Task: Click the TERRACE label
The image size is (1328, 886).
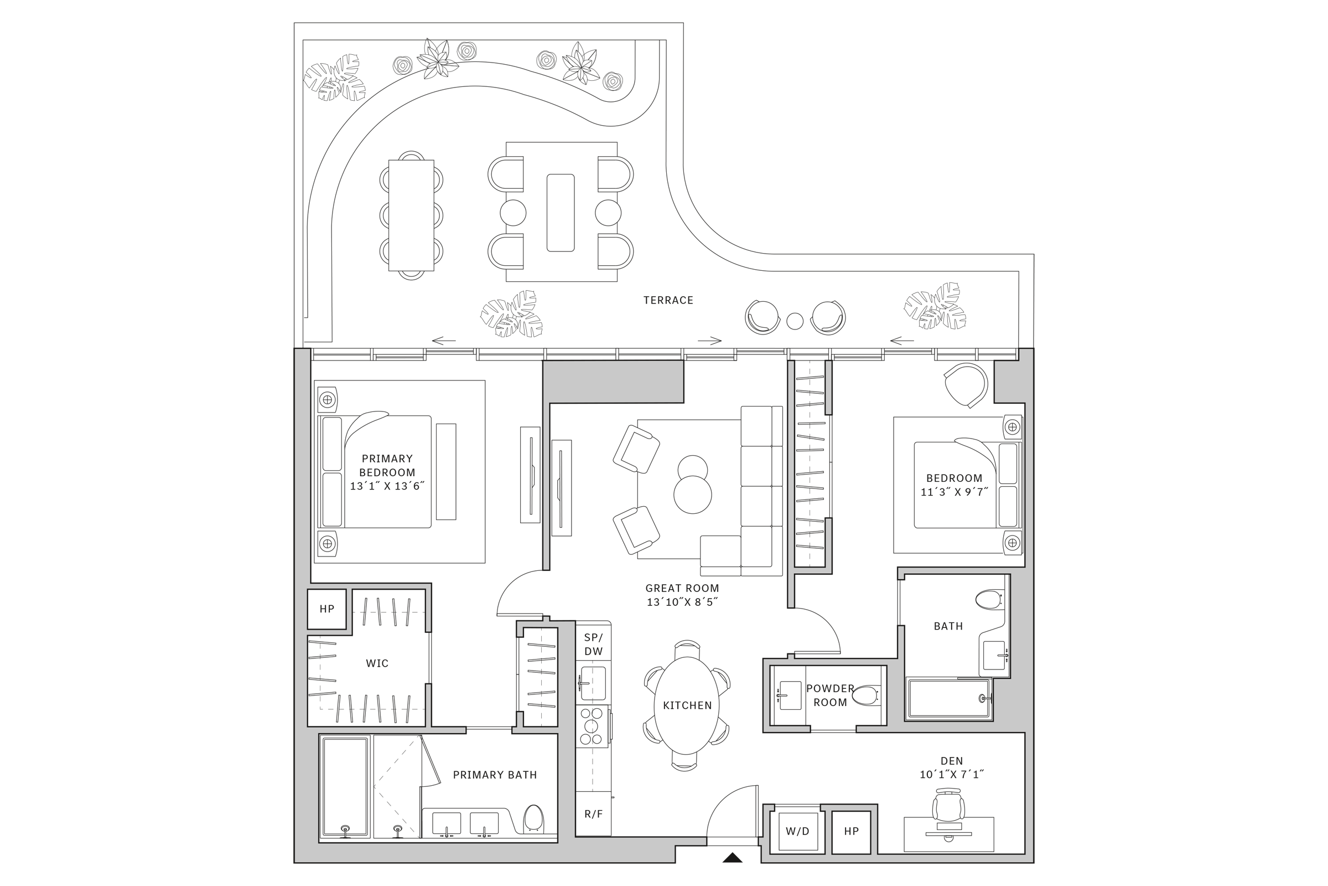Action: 668,300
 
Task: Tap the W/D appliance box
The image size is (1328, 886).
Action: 797,831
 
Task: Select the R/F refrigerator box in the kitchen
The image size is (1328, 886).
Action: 593,814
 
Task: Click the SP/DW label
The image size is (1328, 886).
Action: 593,644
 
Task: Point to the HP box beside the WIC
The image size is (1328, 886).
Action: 327,609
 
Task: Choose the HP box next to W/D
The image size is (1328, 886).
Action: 851,831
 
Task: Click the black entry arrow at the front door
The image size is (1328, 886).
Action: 732,858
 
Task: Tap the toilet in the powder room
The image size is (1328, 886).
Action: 864,696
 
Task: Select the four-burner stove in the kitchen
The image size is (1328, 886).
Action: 592,726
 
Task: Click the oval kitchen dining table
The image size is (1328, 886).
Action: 687,705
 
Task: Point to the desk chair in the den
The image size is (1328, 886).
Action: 948,806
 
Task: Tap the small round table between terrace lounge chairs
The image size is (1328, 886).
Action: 795,321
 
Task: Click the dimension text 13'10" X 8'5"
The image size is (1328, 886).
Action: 682,602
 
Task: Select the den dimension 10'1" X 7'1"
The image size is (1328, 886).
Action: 951,775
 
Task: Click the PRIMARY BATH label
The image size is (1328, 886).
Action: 495,775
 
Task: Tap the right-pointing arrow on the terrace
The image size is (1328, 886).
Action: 710,341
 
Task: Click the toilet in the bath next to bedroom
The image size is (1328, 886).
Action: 990,600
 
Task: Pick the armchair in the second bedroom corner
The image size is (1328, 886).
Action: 966,384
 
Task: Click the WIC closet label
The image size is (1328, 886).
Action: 377,663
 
